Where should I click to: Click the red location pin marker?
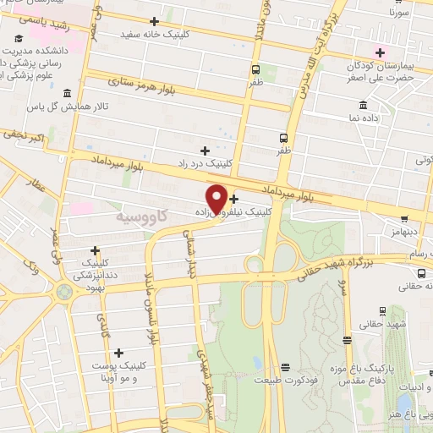point(217,198)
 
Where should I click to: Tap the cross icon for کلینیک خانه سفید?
point(154,20)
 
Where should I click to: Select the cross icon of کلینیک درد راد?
point(206,149)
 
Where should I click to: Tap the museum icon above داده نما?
point(363,106)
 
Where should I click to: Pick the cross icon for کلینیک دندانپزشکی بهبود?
point(96,250)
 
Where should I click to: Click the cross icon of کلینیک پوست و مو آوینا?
point(118,353)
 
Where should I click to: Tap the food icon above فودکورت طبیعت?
point(284,367)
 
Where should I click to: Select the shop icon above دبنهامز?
point(403,218)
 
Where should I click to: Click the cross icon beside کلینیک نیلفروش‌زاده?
point(234,199)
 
